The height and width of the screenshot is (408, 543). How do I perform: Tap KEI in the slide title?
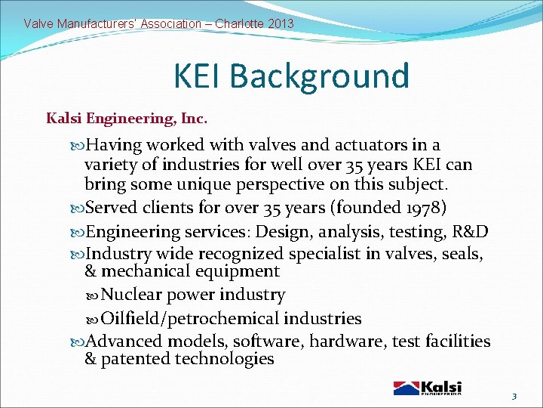coord(198,76)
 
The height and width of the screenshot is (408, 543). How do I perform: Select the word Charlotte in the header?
coord(239,23)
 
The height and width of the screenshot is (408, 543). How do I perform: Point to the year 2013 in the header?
coord(280,23)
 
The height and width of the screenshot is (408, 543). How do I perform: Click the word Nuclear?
coord(134,295)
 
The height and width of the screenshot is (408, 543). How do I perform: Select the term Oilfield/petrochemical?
coord(192,319)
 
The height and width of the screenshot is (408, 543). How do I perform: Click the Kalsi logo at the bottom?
coord(428,388)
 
